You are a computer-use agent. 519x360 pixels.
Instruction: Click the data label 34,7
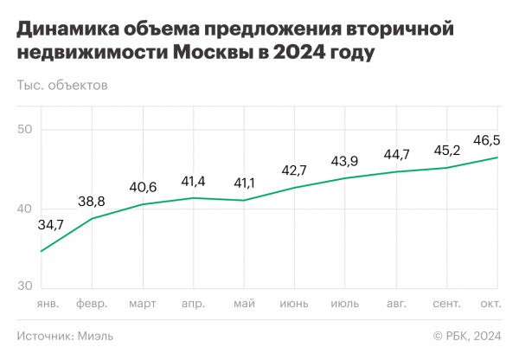(50, 226)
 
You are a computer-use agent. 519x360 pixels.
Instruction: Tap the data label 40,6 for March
(143, 187)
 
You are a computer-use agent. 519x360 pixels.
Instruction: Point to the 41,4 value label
(193, 181)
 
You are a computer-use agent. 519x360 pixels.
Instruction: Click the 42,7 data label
(295, 170)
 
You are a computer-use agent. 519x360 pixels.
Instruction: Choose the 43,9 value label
(345, 161)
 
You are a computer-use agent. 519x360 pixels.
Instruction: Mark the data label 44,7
(396, 155)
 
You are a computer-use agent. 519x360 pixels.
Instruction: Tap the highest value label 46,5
(486, 139)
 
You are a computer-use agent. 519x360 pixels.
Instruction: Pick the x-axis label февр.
(92, 304)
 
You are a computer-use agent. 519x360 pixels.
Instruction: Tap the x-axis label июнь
(295, 304)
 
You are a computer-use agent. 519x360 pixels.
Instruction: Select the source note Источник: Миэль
(64, 336)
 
